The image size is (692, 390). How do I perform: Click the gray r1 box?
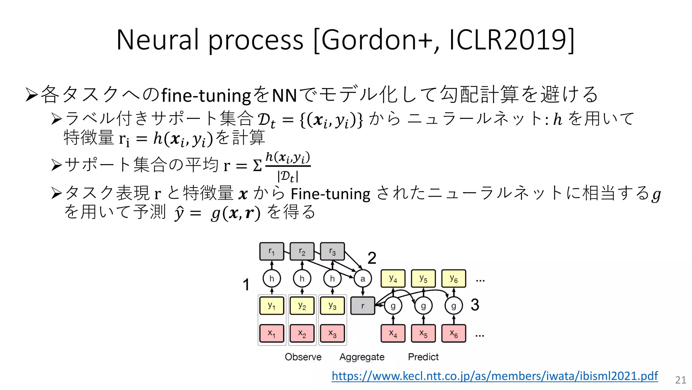(x=272, y=251)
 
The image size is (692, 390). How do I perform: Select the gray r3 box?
(x=332, y=251)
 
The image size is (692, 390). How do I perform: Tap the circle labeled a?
(x=363, y=279)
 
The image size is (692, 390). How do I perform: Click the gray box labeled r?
(x=363, y=306)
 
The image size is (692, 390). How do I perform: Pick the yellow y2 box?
(x=302, y=306)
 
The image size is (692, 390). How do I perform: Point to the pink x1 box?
(x=272, y=333)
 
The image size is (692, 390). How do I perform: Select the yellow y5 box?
(x=423, y=279)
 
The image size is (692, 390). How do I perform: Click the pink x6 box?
(x=454, y=333)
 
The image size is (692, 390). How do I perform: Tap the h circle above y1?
(x=272, y=279)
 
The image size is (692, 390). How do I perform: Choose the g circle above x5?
(x=423, y=306)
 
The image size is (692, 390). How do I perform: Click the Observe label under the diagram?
(x=303, y=357)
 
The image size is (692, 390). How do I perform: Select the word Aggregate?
(x=362, y=357)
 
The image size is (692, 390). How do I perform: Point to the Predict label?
(x=423, y=357)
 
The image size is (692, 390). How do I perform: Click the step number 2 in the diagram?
(x=372, y=258)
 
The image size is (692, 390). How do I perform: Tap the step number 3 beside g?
(x=475, y=305)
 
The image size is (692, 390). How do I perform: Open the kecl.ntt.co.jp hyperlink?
(x=495, y=376)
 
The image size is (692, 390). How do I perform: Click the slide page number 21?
(x=681, y=380)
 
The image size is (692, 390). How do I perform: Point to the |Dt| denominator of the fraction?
(x=288, y=176)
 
